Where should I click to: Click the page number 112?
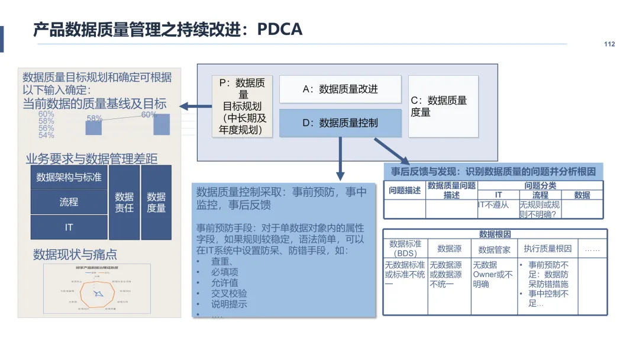click(609, 44)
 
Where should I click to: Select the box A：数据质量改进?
click(340, 89)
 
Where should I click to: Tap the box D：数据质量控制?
click(340, 123)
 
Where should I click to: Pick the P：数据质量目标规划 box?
click(243, 107)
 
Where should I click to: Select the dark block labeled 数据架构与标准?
click(69, 177)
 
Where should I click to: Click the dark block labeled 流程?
click(69, 202)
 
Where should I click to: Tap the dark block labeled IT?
click(69, 227)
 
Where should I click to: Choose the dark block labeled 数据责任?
click(124, 202)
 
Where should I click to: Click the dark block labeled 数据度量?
click(156, 202)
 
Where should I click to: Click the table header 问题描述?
click(405, 191)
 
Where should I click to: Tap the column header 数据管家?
click(494, 249)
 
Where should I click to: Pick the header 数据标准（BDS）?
click(405, 249)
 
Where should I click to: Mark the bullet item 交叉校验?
click(229, 294)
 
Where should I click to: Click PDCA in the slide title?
click(279, 29)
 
